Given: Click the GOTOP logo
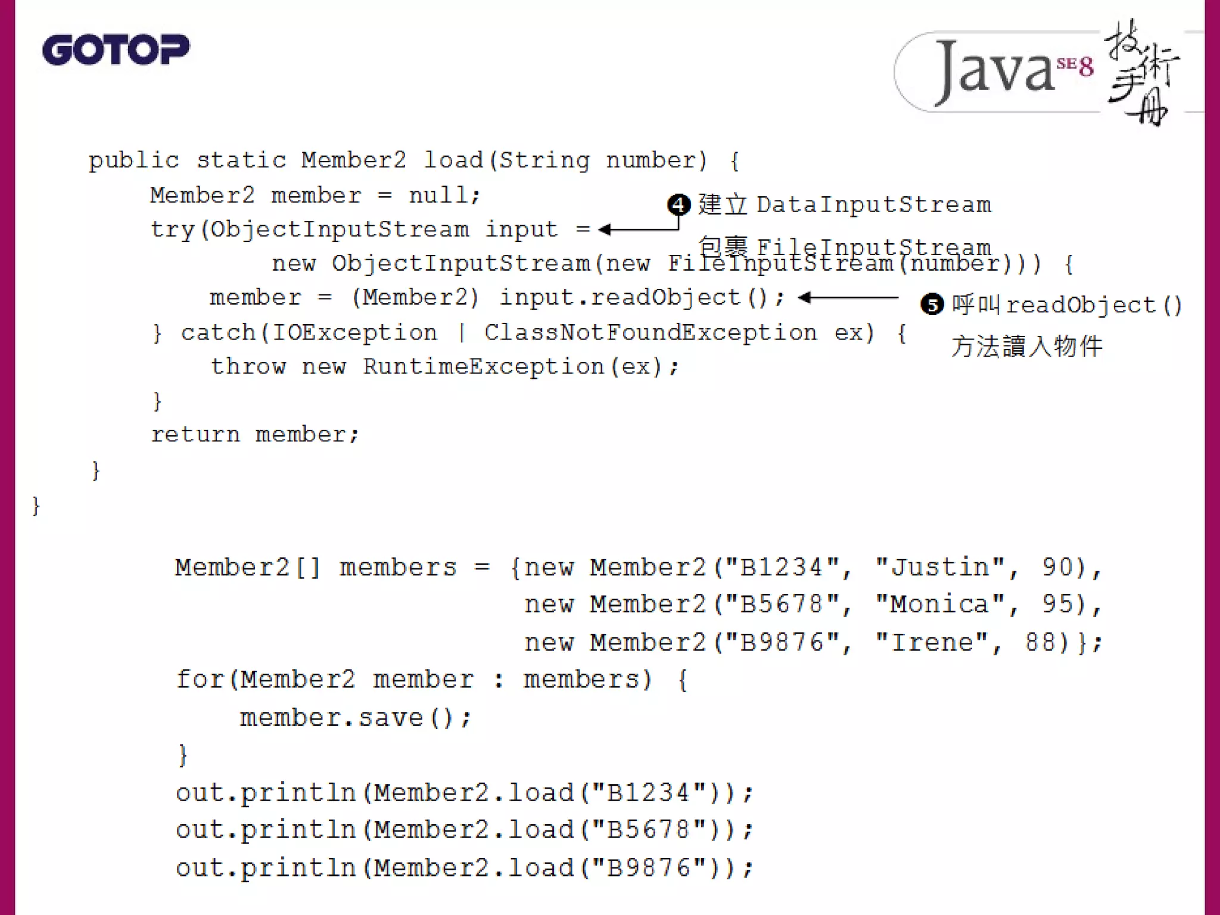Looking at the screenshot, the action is (116, 49).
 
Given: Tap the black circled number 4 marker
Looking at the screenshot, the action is (679, 205).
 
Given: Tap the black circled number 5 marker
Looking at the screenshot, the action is (932, 304).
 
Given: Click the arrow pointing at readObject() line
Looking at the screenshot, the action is (848, 297).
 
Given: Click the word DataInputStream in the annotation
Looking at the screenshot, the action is (874, 205).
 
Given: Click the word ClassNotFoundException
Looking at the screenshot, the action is (650, 332).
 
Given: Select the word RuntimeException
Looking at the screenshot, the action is (484, 366).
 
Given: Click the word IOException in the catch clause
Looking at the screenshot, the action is (354, 332).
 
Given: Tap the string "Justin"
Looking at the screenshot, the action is (941, 567).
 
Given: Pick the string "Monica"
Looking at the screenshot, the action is (941, 605).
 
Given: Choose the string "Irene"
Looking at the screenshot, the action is (932, 642).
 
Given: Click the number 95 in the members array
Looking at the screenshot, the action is (1058, 605).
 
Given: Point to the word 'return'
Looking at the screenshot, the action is (195, 434).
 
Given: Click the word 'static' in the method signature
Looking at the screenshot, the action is (241, 160).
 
